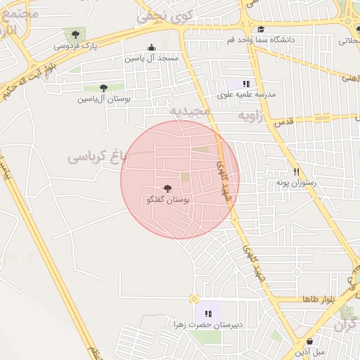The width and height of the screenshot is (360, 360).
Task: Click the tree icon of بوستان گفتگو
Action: point(167,188)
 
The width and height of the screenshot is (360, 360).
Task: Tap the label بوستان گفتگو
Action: point(167,200)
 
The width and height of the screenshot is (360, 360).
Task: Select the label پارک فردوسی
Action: point(76,46)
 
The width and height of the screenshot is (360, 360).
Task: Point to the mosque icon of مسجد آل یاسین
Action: point(152,47)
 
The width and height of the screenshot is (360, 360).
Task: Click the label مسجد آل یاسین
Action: point(152,58)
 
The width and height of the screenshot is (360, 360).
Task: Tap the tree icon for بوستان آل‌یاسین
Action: point(103,88)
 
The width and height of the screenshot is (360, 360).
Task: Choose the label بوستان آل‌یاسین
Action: point(104,99)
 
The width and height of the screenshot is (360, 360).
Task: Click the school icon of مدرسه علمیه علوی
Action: point(246,84)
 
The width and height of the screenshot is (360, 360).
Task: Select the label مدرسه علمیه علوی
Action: point(247,94)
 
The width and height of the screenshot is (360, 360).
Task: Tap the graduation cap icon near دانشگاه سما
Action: point(262,29)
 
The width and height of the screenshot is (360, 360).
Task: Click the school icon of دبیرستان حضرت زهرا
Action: point(207,314)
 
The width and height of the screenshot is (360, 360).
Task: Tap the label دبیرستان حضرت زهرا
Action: point(207,325)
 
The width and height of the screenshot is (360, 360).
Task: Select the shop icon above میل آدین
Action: point(309,341)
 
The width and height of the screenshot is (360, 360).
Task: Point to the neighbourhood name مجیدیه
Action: point(191,111)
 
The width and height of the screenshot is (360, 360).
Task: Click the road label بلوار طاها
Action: point(316,300)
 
